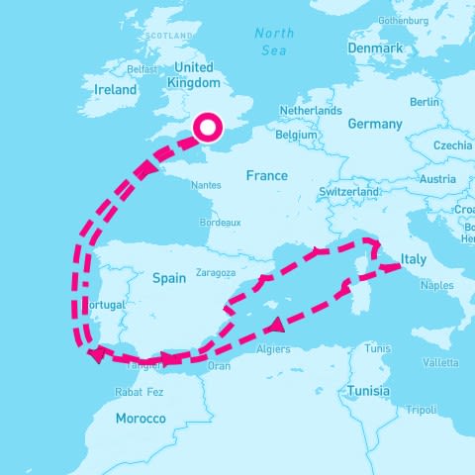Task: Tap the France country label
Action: pyautogui.click(x=266, y=176)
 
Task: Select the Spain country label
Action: pyautogui.click(x=169, y=279)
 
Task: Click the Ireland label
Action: pyautogui.click(x=115, y=89)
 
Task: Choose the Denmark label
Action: pyautogui.click(x=375, y=48)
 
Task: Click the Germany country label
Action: pyautogui.click(x=375, y=125)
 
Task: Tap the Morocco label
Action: pyautogui.click(x=141, y=419)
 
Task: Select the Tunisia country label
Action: pyautogui.click(x=368, y=391)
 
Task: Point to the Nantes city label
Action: pyautogui.click(x=207, y=185)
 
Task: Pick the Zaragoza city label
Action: pyautogui.click(x=216, y=272)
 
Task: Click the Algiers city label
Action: pyautogui.click(x=273, y=349)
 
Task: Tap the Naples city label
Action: pyautogui.click(x=436, y=285)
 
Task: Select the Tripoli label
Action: pyautogui.click(x=421, y=410)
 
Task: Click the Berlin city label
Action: pyautogui.click(x=425, y=102)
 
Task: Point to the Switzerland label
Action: pyautogui.click(x=349, y=191)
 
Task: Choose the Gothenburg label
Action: pyautogui.click(x=403, y=19)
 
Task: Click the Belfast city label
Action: pyautogui.click(x=142, y=70)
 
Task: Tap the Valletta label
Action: pyautogui.click(x=440, y=362)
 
